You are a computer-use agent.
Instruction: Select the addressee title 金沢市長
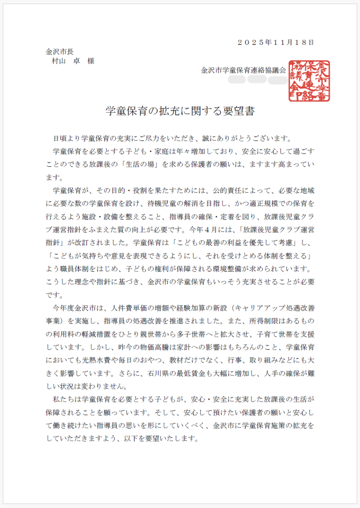[x=60, y=52]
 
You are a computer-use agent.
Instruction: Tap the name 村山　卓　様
[x=73, y=61]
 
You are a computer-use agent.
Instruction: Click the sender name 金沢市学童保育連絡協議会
[x=244, y=70]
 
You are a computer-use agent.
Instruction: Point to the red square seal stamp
[x=309, y=81]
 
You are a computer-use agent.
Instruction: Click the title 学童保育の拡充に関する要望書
[x=180, y=111]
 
